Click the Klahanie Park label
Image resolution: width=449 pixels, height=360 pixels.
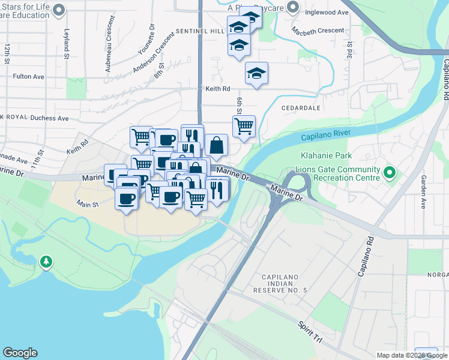pos(324,155)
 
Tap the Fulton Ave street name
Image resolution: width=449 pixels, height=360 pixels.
pos(29,77)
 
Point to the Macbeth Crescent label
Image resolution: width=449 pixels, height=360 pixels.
pos(318,30)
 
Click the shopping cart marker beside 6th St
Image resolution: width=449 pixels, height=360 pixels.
pos(244,127)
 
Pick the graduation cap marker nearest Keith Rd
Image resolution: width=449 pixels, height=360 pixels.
pos(256,73)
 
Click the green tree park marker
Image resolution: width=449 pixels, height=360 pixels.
pos(46,262)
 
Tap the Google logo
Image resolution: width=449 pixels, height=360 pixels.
pos(20,353)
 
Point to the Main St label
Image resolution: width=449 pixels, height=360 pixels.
pos(87,205)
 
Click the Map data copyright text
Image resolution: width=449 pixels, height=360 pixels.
pos(412,355)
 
